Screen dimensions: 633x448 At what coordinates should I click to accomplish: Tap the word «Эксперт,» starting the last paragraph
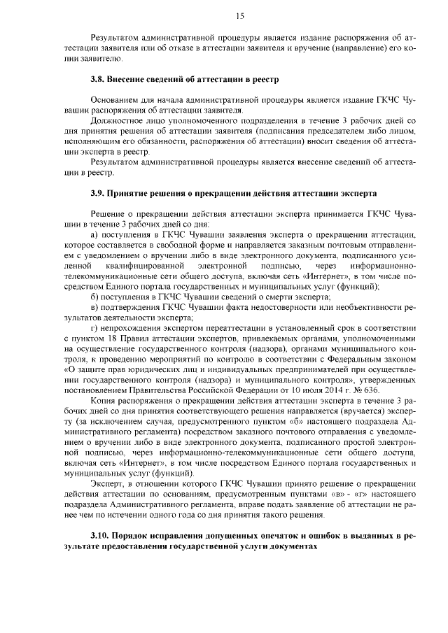108,487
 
